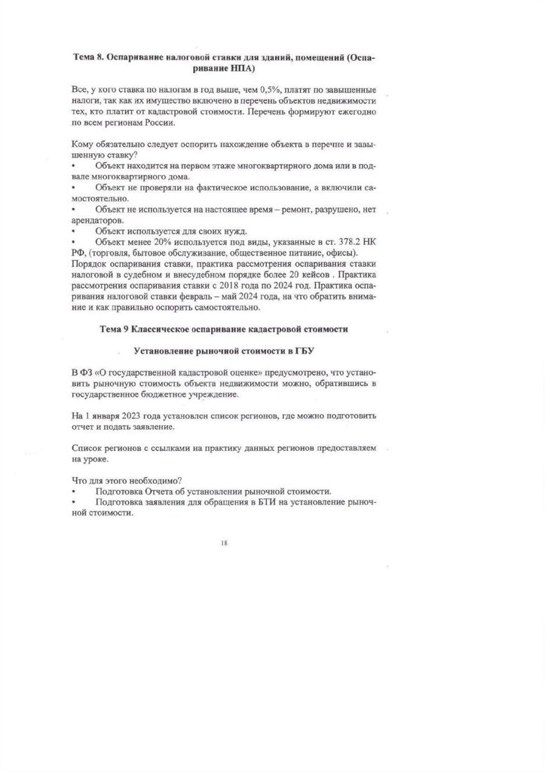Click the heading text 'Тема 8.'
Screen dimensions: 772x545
coord(91,57)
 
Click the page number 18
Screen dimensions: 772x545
coord(224,542)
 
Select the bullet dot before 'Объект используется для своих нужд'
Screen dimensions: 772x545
coord(73,230)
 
